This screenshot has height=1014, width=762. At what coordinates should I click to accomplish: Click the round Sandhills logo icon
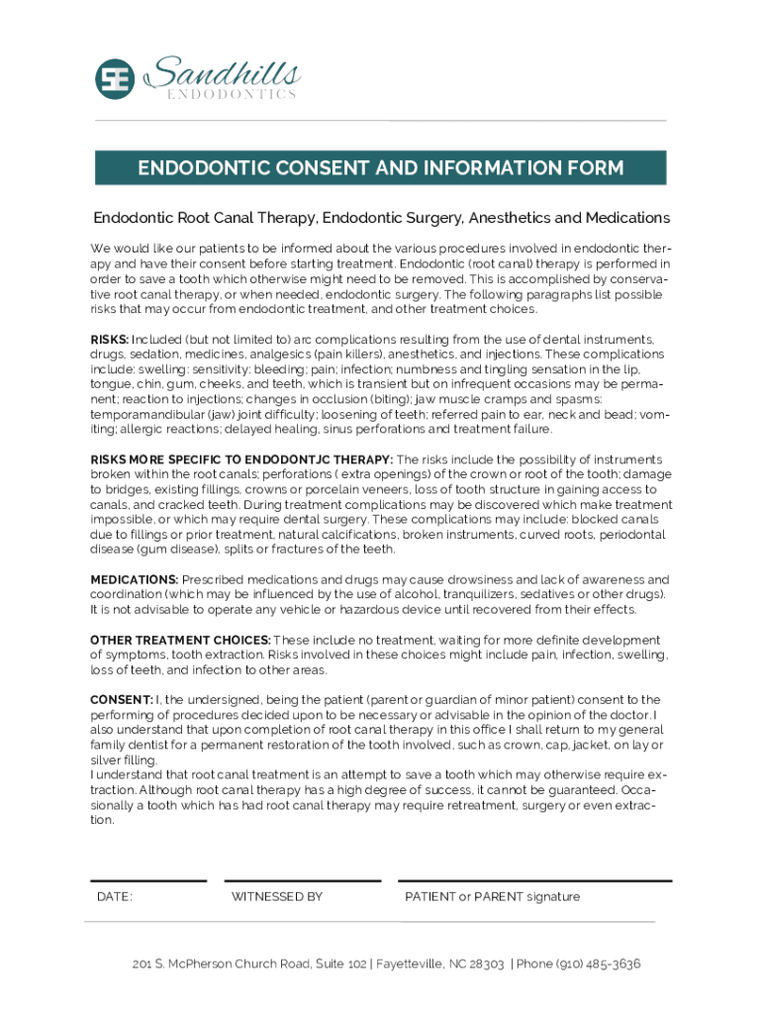point(114,79)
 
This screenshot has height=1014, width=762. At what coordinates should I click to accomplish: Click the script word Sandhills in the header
point(223,72)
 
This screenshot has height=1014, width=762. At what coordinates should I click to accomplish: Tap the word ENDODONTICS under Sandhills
point(231,94)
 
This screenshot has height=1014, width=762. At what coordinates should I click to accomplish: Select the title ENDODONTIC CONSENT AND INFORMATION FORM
point(380,168)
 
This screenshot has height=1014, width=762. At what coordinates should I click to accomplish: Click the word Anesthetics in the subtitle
point(509,218)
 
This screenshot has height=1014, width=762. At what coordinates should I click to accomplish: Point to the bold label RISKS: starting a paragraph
point(110,340)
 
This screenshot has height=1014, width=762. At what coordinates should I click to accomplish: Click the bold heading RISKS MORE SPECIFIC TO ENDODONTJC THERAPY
point(241,459)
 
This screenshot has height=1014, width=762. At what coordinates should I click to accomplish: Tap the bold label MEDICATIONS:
point(135,579)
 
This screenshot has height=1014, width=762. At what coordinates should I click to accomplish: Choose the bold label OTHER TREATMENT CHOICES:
point(180,640)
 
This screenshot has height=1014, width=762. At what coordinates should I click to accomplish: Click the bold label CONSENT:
point(122,700)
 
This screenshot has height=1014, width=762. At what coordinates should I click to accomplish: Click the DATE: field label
point(115,897)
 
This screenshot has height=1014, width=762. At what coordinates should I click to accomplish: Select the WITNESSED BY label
point(277,897)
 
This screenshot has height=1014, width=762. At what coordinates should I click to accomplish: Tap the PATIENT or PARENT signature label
point(492,897)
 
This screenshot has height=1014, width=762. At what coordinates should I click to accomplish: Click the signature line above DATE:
point(148,880)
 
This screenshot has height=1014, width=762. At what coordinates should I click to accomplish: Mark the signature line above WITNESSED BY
point(302,880)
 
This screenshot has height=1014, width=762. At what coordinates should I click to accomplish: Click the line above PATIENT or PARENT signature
point(534,880)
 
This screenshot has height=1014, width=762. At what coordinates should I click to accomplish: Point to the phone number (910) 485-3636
point(598,963)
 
